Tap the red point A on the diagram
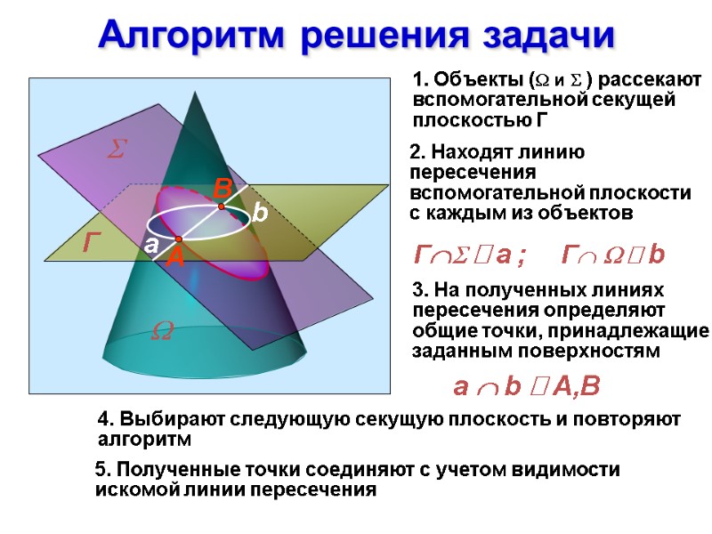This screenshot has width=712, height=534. pyautogui.click(x=178, y=240)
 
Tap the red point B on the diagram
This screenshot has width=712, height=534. pyautogui.click(x=222, y=206)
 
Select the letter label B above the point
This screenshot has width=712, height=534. pyautogui.click(x=222, y=189)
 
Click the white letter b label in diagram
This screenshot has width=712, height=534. pyautogui.click(x=259, y=213)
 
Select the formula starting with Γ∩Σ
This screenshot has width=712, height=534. pyautogui.click(x=471, y=256)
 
